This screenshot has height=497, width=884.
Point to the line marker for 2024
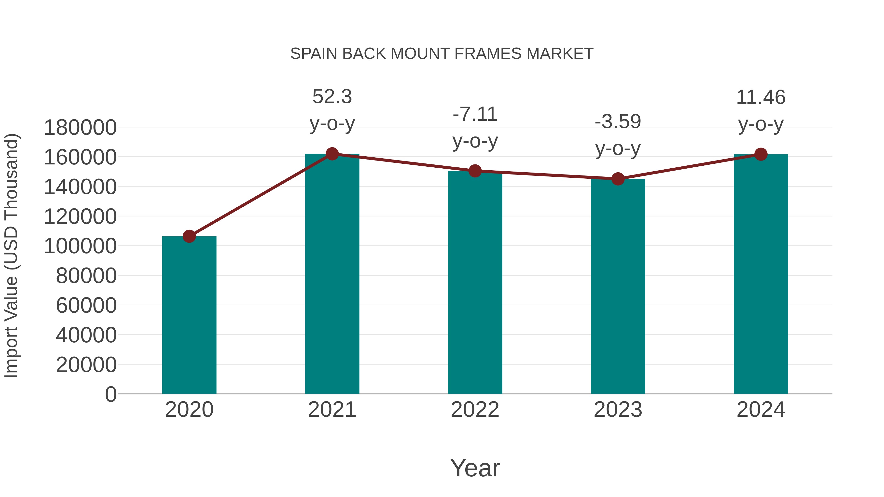761,154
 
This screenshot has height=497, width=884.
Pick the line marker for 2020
189,236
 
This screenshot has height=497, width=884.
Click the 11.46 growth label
761,97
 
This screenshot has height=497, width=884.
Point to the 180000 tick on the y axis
80,128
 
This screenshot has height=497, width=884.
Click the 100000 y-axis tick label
80,246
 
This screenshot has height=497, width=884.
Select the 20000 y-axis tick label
86,365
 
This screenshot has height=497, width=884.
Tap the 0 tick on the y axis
111,394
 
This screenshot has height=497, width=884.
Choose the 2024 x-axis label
761,410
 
